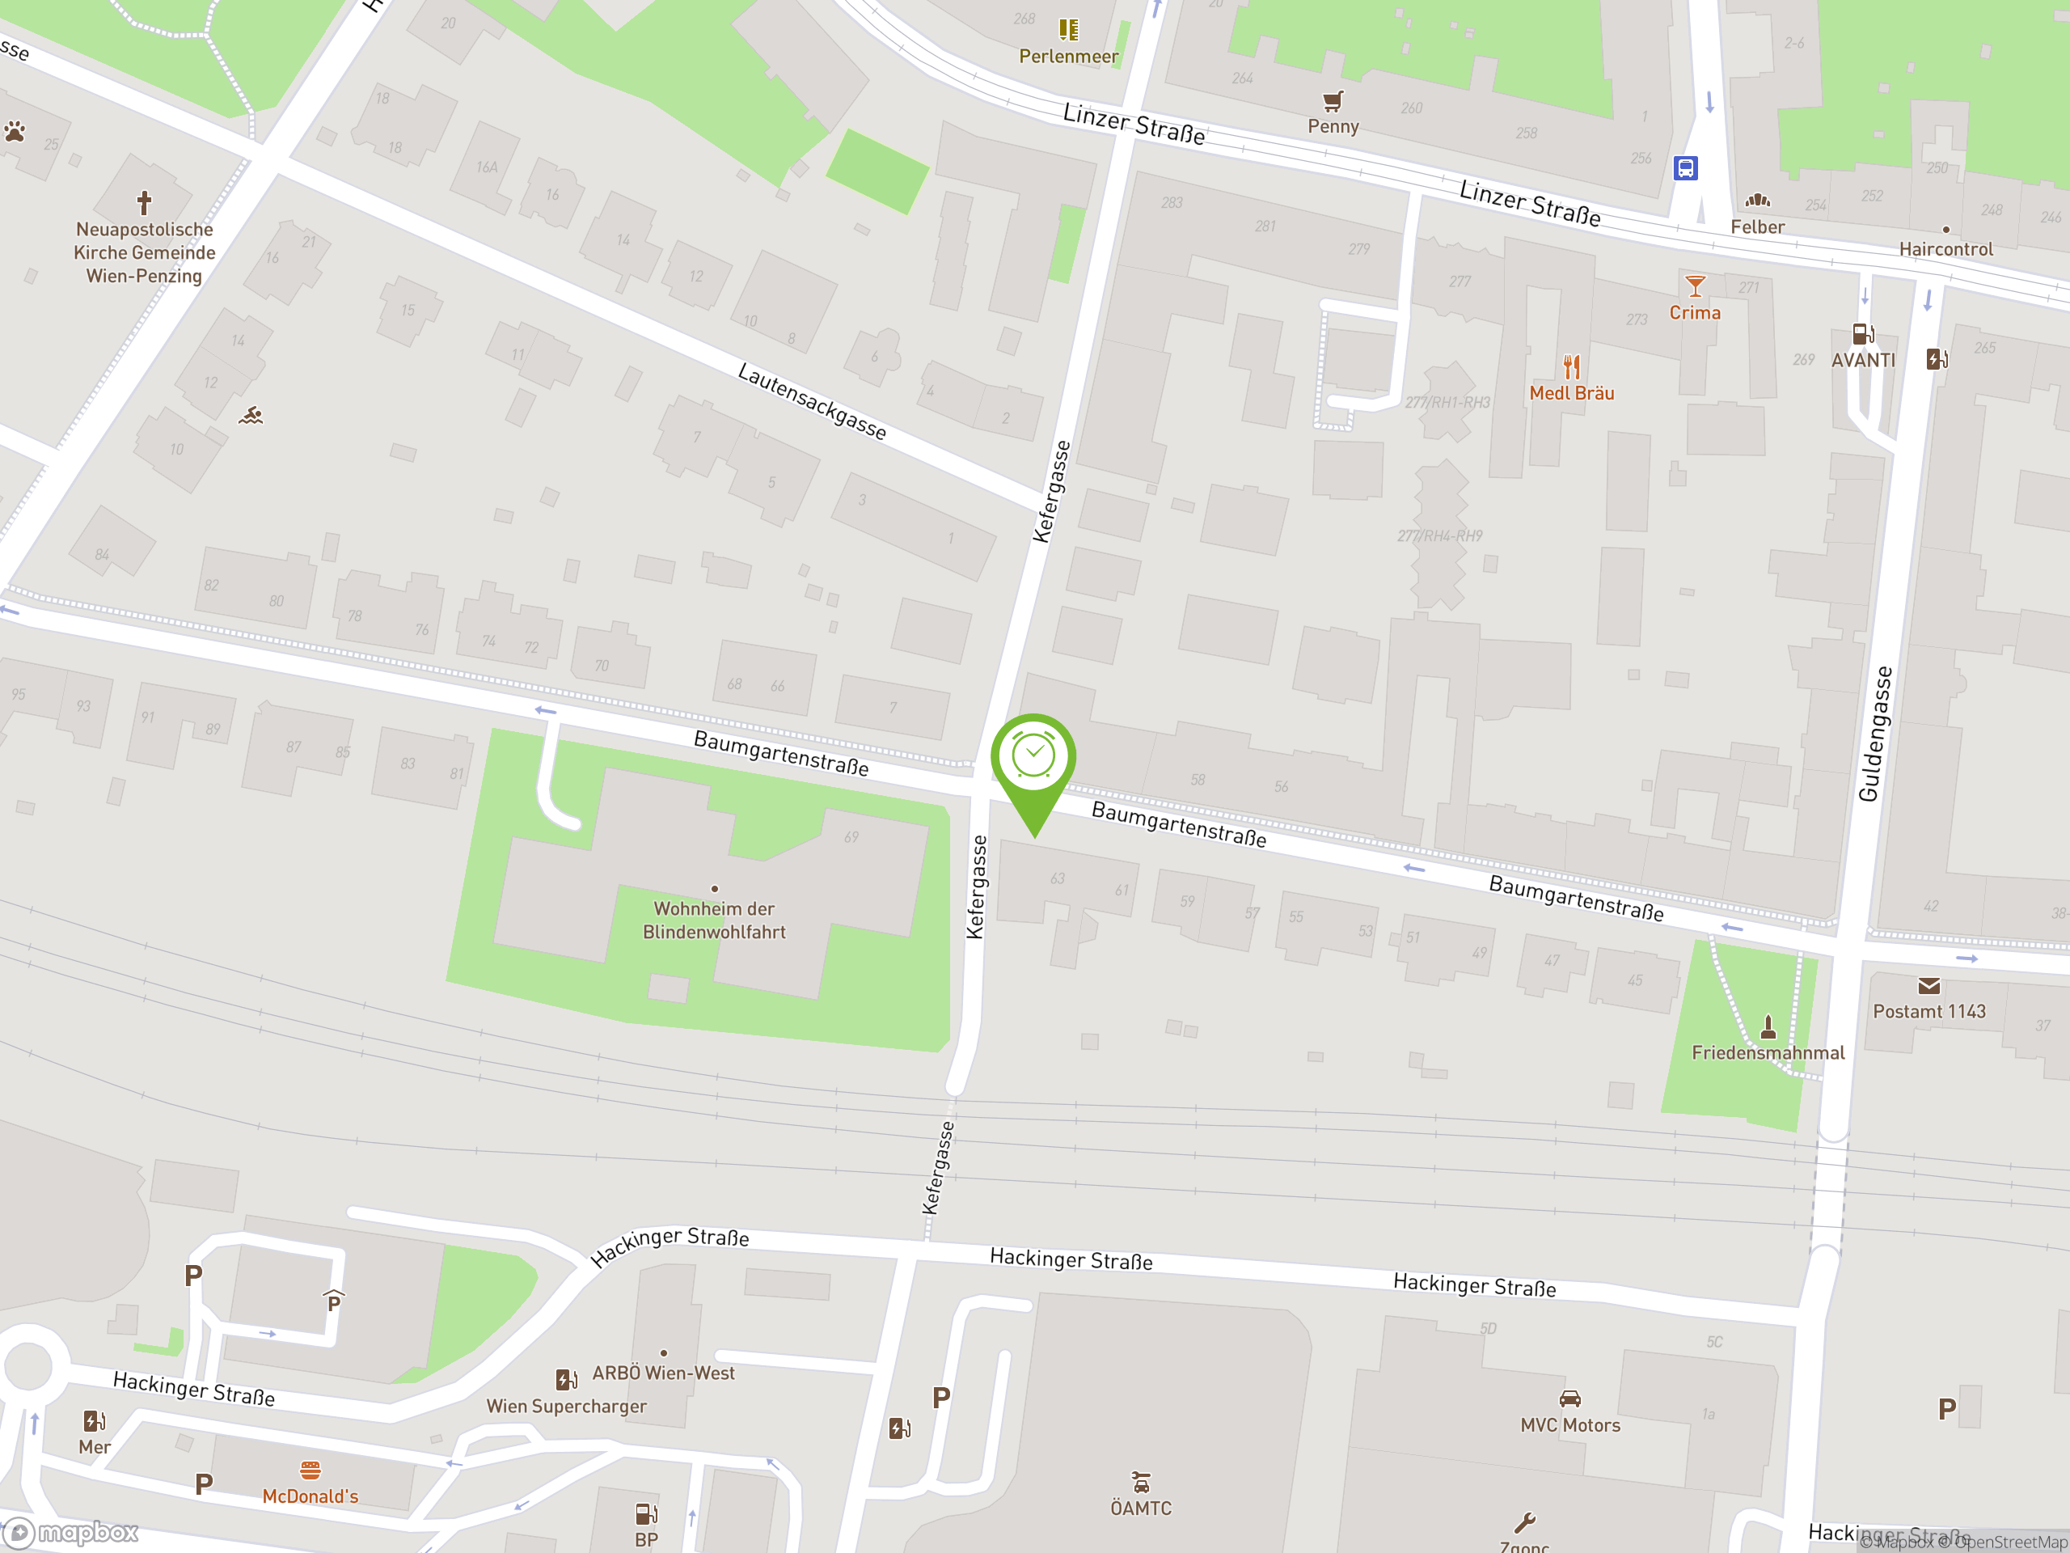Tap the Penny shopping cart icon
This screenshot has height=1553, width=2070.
point(1333,100)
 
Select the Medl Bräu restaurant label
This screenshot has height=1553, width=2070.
point(1571,393)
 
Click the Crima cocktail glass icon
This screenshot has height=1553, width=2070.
point(1694,286)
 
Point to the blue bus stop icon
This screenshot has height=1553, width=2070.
point(1685,168)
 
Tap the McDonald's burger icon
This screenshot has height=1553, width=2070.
point(310,1470)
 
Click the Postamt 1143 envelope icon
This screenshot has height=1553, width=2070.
point(1928,986)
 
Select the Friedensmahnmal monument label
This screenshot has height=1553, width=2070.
point(1768,1053)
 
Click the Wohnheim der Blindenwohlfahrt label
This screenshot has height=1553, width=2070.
point(714,920)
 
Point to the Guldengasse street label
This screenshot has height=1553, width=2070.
point(1874,734)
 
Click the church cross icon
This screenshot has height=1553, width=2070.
point(144,202)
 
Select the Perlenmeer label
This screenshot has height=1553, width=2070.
point(1068,56)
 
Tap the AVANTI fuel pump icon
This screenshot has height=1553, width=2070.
point(1862,334)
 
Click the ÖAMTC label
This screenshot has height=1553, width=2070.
point(1141,1508)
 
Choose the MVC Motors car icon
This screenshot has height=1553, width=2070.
point(1569,1399)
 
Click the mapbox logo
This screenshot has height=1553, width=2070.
point(71,1533)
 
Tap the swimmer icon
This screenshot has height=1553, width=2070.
point(251,416)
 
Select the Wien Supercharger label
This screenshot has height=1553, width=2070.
point(566,1406)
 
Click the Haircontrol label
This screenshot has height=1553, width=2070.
point(1945,249)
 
